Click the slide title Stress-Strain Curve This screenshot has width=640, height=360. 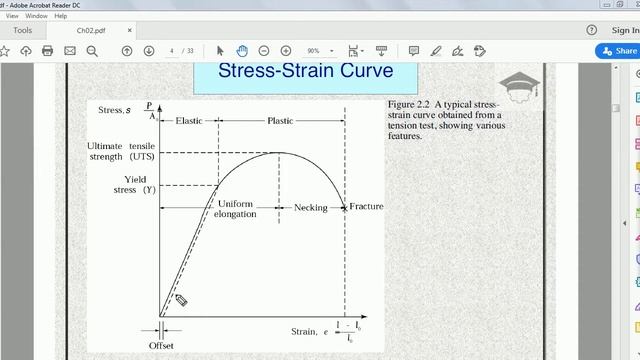[305, 71]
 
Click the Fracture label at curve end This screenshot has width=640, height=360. [366, 207]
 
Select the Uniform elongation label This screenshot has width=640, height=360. [236, 208]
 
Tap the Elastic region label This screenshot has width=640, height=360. [188, 120]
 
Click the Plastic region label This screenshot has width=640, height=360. [281, 120]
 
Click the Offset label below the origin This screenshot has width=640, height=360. [162, 345]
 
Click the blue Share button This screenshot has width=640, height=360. [617, 51]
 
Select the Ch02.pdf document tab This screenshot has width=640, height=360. [91, 30]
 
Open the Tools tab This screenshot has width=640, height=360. [22, 30]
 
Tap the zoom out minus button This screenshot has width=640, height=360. [264, 51]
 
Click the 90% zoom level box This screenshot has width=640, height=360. [318, 51]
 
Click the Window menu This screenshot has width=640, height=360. [36, 16]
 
